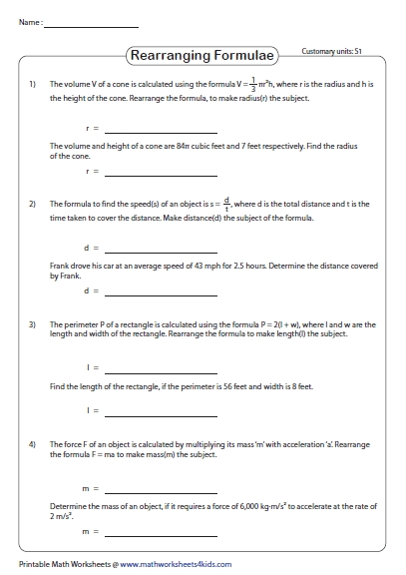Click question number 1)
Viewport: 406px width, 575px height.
tap(33, 85)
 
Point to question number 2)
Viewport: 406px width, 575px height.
tap(33, 205)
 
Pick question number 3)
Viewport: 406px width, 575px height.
tap(33, 324)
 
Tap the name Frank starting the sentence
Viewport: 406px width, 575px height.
tap(59, 267)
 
